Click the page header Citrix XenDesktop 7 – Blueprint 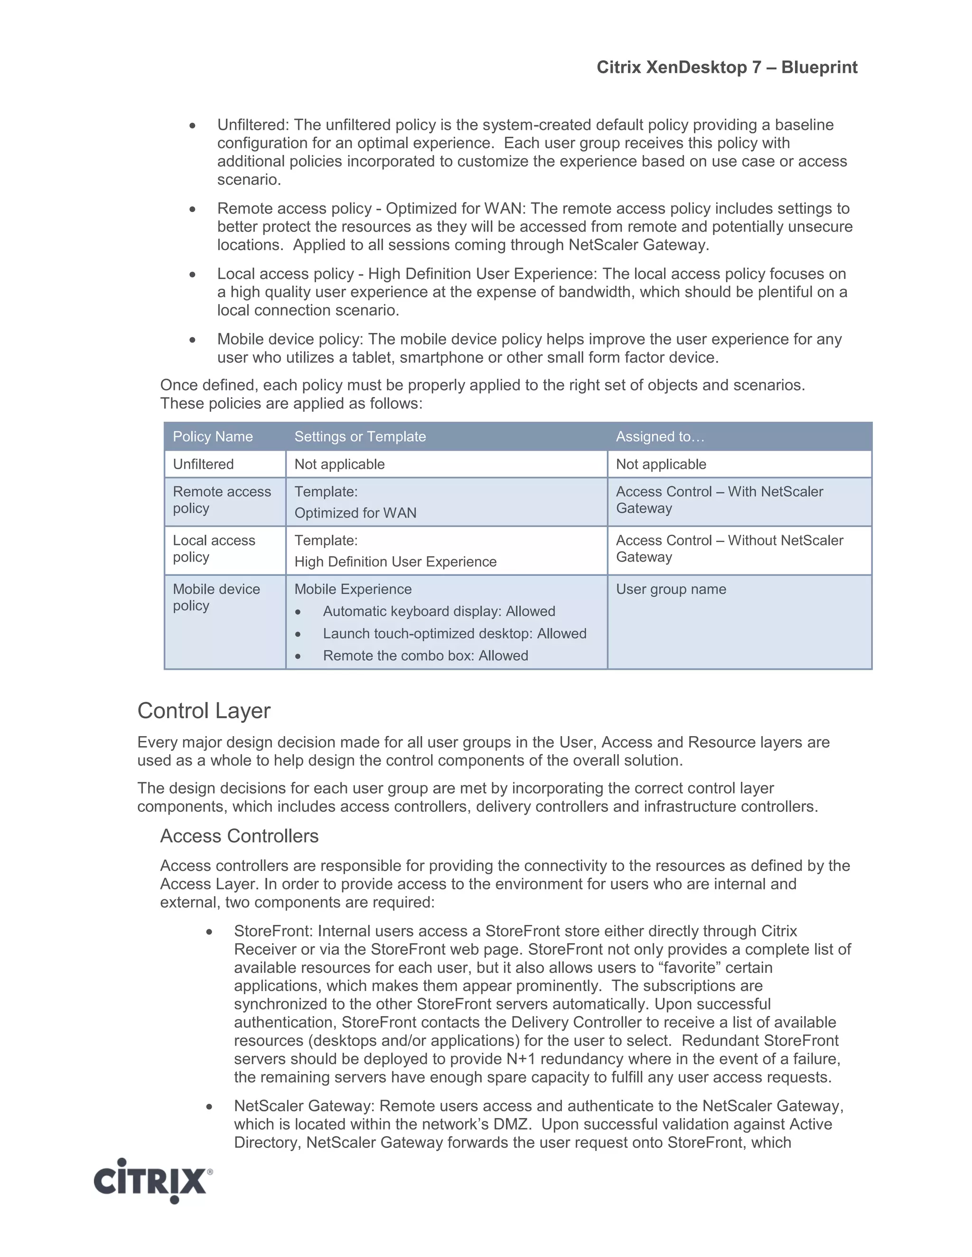[x=727, y=67]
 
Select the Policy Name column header [x=213, y=436]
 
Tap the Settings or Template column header [x=360, y=436]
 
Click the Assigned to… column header [x=660, y=436]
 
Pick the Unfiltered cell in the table [x=203, y=464]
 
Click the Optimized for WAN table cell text [x=355, y=513]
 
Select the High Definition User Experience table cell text [x=395, y=562]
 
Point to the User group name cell [x=671, y=589]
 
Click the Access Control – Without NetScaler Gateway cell [x=729, y=548]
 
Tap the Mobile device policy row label [x=216, y=597]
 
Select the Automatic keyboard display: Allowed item [x=439, y=611]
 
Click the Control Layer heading [x=204, y=711]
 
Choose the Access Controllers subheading [x=239, y=836]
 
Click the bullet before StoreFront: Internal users [x=210, y=932]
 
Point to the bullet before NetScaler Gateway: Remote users [x=210, y=1106]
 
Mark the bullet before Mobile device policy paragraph [x=193, y=340]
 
